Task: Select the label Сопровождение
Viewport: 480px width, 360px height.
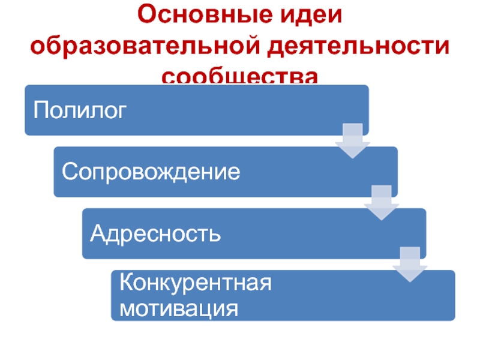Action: coord(151,172)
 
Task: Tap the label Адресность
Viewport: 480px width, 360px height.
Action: coord(155,233)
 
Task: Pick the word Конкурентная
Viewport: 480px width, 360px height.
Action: coord(196,282)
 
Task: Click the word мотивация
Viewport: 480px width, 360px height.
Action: coord(178,309)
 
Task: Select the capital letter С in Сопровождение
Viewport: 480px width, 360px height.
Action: coord(69,172)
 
